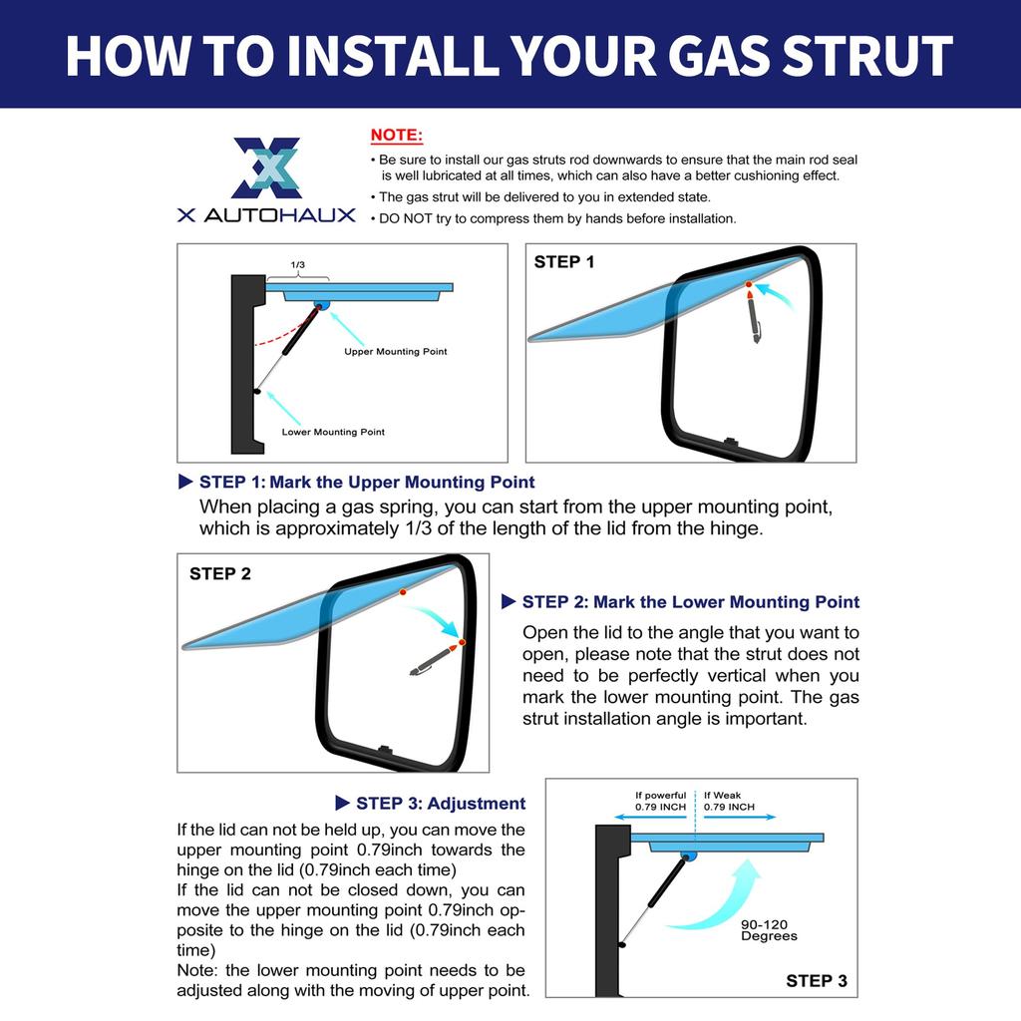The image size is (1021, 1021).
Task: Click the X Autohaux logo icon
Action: click(267, 168)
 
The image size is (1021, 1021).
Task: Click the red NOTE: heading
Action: click(397, 135)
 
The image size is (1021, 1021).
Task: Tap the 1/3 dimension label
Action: click(297, 264)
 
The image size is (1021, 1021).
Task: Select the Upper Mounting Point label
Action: click(395, 352)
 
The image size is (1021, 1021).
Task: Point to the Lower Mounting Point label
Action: click(333, 432)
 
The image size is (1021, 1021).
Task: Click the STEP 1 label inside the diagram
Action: click(564, 262)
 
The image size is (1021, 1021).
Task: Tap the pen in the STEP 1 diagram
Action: click(754, 315)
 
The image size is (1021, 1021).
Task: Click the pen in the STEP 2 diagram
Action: click(434, 660)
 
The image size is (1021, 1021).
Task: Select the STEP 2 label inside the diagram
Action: click(220, 573)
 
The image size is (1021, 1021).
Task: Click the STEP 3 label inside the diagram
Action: click(817, 981)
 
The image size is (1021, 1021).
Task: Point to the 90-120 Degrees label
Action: click(769, 930)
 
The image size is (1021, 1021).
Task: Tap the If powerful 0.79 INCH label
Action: click(660, 801)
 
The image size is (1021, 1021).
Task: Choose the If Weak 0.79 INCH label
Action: click(729, 801)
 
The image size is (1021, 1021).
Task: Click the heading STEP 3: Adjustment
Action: click(441, 804)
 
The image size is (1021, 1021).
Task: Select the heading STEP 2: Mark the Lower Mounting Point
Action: click(691, 601)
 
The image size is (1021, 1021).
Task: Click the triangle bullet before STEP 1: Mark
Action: click(185, 482)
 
